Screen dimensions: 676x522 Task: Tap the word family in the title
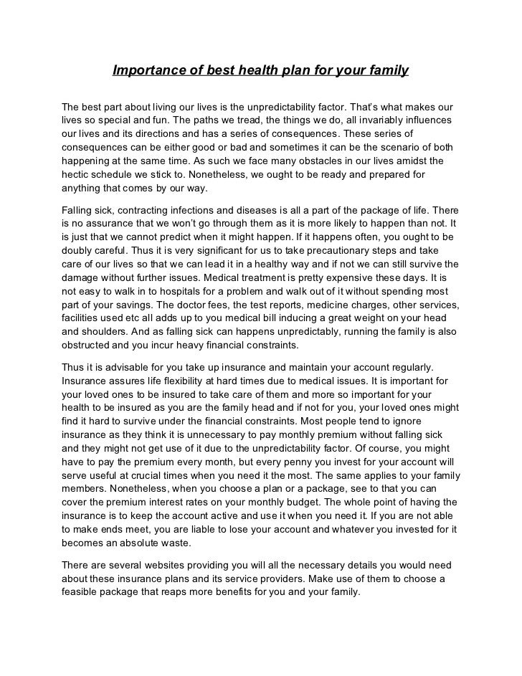[x=388, y=71]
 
